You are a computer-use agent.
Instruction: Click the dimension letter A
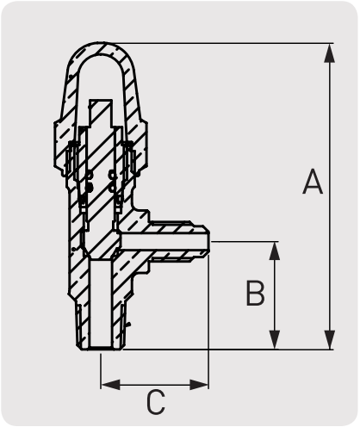[x=313, y=182]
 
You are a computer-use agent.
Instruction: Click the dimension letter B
[x=255, y=293]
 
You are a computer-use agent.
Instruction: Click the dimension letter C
[x=156, y=402]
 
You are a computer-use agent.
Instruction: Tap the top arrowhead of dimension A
[x=329, y=53]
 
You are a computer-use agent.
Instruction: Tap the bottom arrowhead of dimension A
[x=329, y=340]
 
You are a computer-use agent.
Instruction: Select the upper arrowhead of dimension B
[x=275, y=251]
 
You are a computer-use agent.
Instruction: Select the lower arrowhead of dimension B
[x=275, y=340]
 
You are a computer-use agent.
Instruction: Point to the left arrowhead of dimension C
[x=110, y=385]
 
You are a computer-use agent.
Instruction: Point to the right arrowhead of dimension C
[x=199, y=385]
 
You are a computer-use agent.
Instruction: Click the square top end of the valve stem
[x=101, y=100]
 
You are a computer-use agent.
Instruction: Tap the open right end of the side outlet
[x=209, y=241]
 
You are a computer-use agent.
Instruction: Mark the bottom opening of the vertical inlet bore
[x=100, y=349]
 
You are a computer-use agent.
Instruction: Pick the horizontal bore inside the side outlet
[x=164, y=241]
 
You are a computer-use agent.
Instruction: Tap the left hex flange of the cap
[x=59, y=144]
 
